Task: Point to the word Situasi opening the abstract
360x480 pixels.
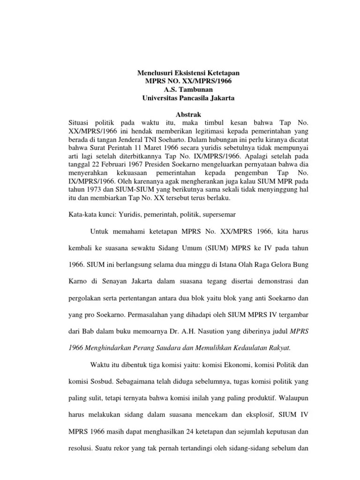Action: (x=81, y=122)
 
